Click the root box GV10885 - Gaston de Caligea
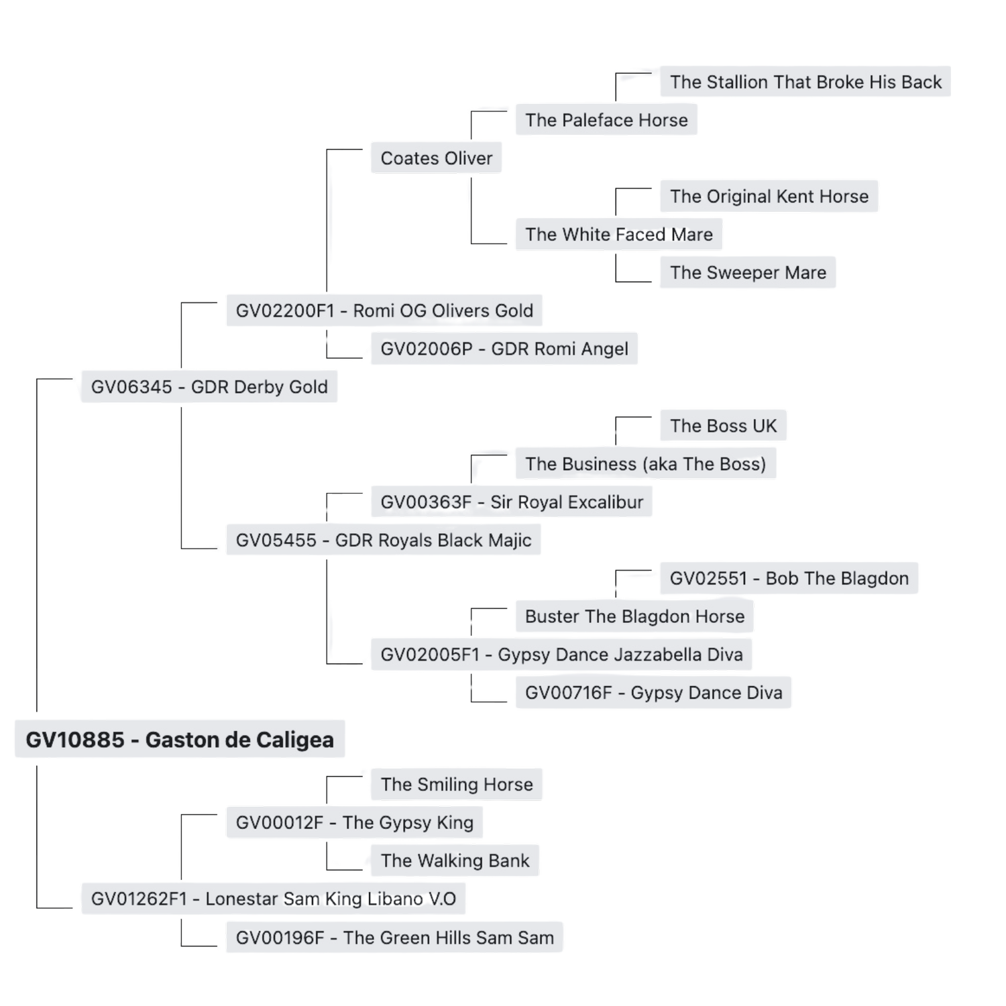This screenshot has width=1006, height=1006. (x=180, y=739)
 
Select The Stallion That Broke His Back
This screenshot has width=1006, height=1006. (x=805, y=82)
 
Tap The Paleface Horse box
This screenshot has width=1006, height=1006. (x=606, y=120)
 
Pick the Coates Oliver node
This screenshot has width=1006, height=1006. (x=437, y=158)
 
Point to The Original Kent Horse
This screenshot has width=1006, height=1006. (x=769, y=197)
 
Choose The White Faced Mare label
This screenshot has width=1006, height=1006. (x=619, y=235)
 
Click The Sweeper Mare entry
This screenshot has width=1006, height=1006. (x=748, y=272)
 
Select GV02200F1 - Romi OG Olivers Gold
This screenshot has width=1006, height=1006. (x=384, y=311)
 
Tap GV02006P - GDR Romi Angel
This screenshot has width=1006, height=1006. (x=504, y=349)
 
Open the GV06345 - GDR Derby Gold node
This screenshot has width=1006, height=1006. (x=209, y=387)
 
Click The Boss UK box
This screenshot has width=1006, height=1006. (x=723, y=426)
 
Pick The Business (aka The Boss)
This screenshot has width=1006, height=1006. (x=645, y=464)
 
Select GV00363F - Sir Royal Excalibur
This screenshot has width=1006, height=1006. (x=511, y=502)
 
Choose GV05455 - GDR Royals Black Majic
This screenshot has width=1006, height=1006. (x=384, y=541)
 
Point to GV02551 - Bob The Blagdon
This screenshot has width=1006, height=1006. (x=789, y=578)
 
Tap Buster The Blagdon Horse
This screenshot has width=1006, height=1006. (x=634, y=616)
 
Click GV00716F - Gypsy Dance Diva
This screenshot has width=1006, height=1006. (x=653, y=693)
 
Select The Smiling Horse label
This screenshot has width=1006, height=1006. (x=457, y=784)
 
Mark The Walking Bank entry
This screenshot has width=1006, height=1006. (x=455, y=860)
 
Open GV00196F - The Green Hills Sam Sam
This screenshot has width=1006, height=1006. (x=395, y=938)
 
